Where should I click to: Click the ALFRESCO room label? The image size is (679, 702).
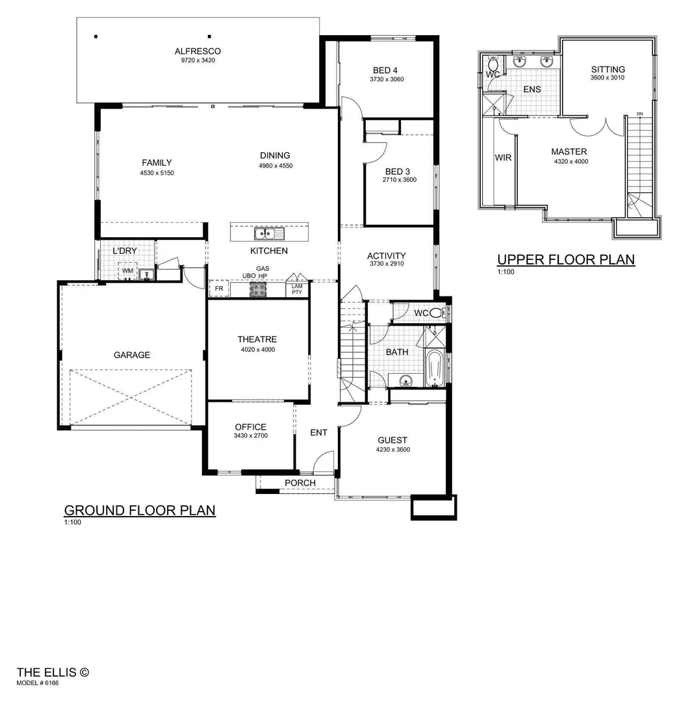tap(198, 51)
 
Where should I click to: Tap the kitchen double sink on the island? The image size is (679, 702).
tap(268, 233)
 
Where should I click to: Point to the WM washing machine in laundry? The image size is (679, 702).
tap(127, 271)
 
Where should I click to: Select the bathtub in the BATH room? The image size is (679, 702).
tap(435, 368)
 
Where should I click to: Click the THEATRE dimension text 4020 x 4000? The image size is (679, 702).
tap(257, 350)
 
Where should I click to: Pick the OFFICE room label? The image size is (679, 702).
tap(251, 427)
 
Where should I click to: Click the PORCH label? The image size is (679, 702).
tap(300, 483)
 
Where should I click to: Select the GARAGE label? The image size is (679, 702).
tap(132, 355)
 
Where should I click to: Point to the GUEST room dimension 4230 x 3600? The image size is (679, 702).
tap(392, 450)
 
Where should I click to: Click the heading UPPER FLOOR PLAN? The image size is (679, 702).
tap(565, 260)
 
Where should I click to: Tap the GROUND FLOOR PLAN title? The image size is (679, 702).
tap(140, 510)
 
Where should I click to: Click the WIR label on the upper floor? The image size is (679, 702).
tap(504, 157)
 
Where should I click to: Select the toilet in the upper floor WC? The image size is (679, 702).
tap(494, 65)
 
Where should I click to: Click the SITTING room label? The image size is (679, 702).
tap(608, 70)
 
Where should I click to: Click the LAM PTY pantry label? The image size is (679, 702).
tap(297, 289)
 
